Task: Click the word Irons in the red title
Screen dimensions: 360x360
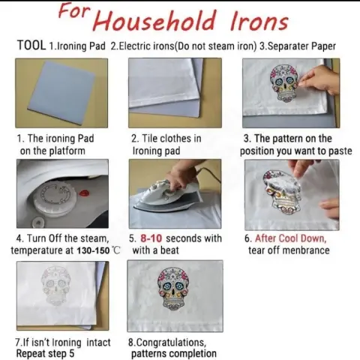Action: [x=259, y=21]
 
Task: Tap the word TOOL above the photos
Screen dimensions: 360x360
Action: [x=31, y=45]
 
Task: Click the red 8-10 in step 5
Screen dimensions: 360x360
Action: [x=151, y=238]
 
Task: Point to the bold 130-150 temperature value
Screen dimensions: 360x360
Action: [x=93, y=250]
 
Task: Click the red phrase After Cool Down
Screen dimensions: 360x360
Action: [x=290, y=238]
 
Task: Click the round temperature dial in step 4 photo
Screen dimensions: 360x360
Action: [x=55, y=198]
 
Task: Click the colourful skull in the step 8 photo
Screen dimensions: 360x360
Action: [x=173, y=287]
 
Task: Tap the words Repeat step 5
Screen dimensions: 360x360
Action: [x=45, y=354]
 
